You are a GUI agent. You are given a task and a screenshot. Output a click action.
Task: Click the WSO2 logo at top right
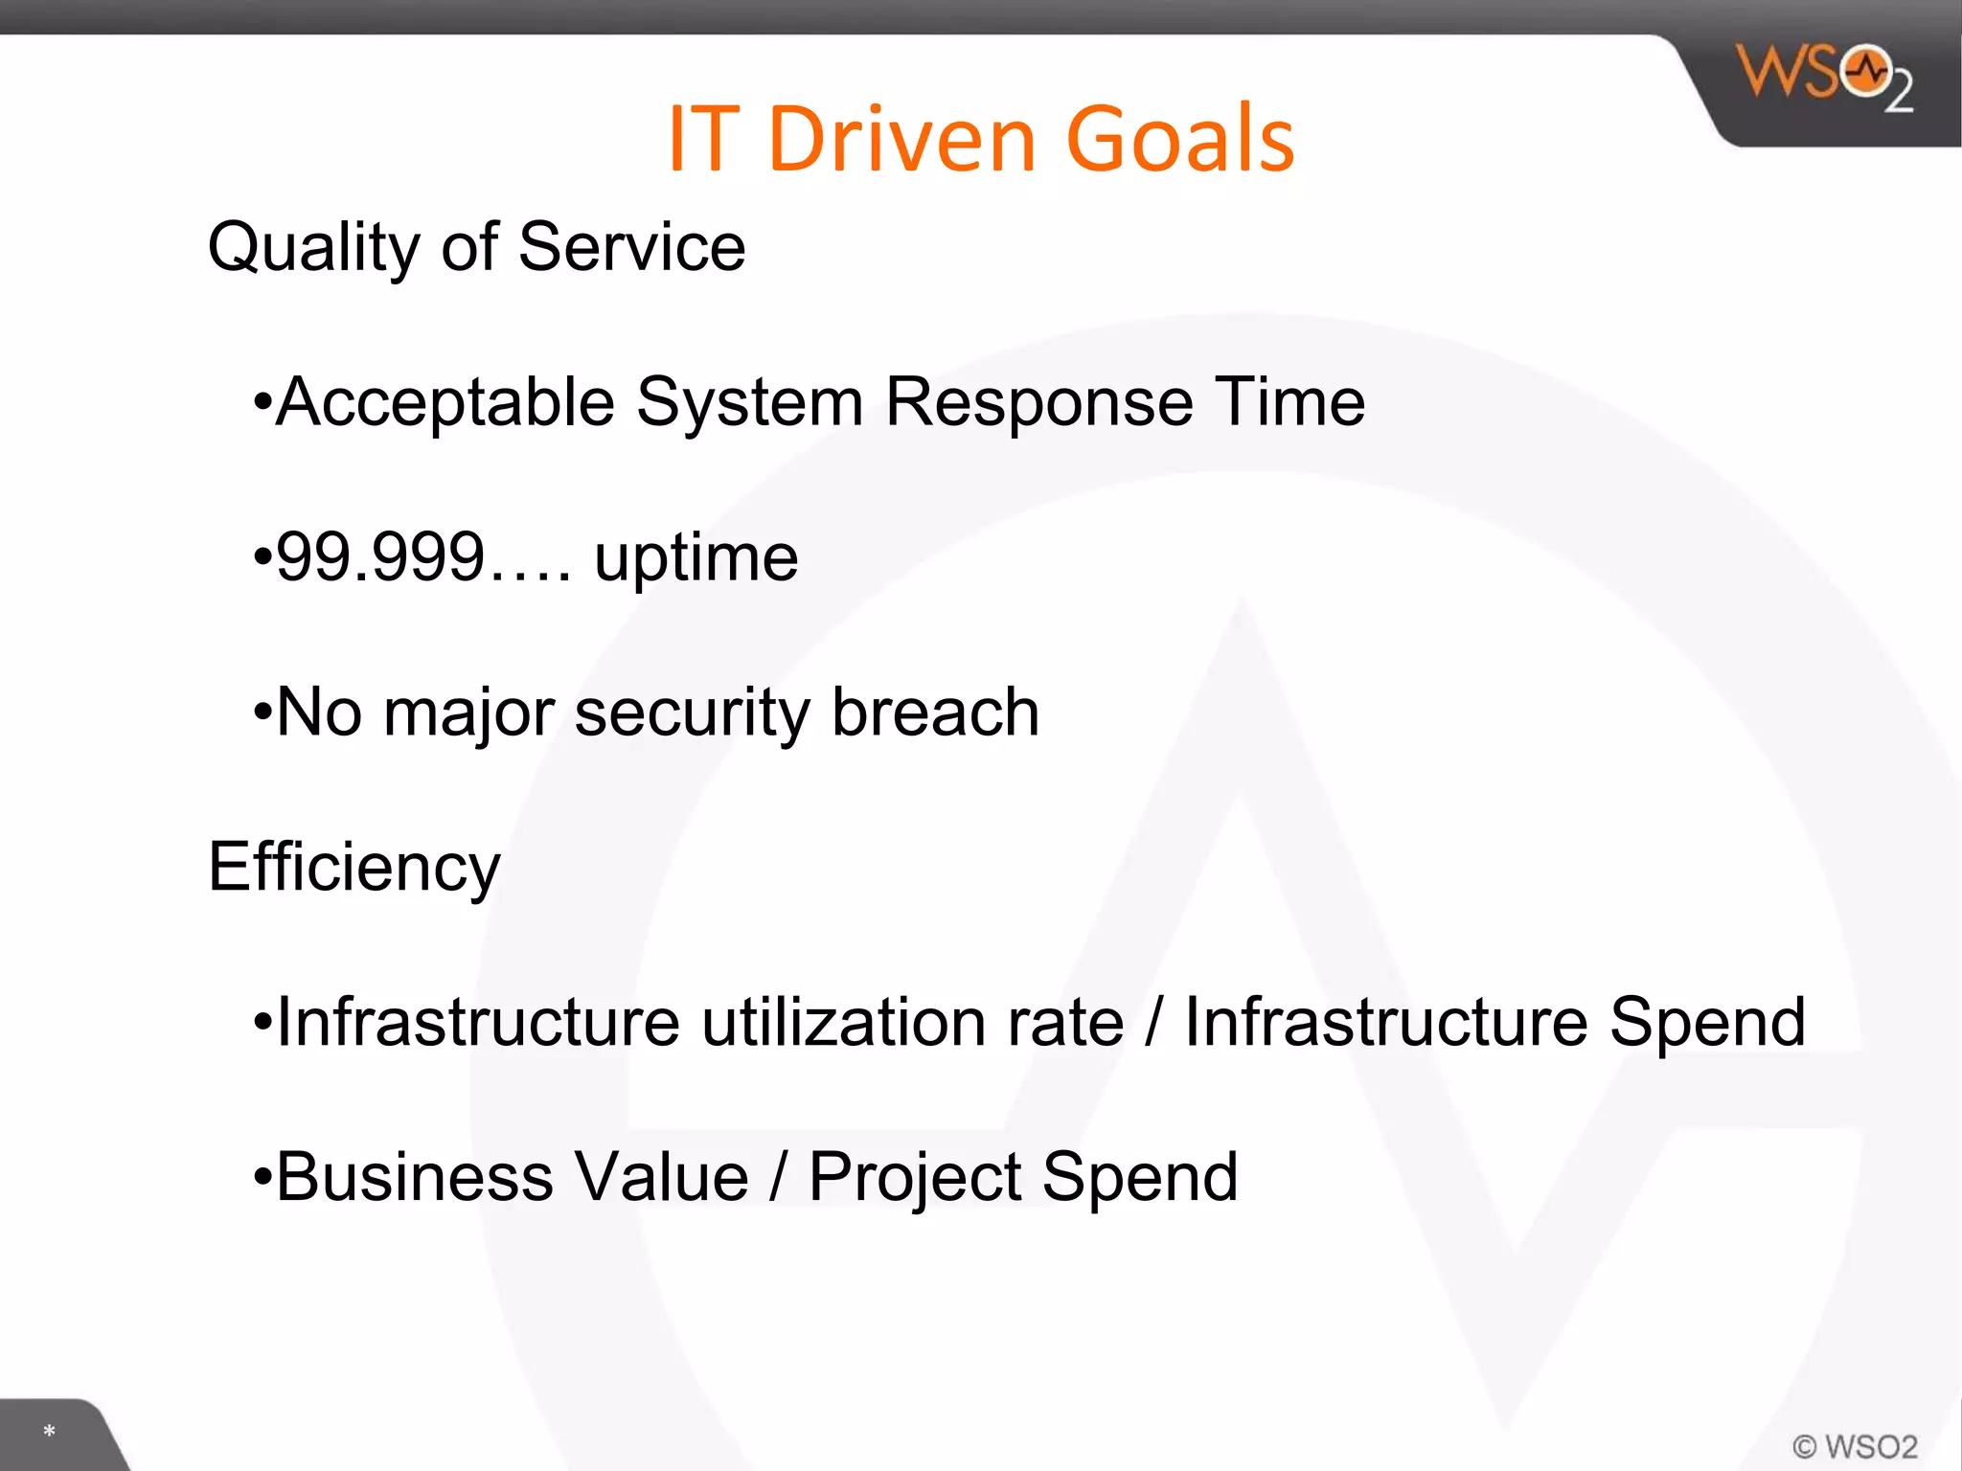[1823, 77]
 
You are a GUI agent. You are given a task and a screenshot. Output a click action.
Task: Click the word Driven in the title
[901, 140]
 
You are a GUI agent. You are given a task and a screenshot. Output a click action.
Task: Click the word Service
[631, 247]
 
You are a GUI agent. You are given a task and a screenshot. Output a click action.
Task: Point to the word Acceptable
[445, 402]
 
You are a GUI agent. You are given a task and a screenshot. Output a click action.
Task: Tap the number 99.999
[380, 557]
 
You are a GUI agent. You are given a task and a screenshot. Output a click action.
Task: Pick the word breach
[935, 713]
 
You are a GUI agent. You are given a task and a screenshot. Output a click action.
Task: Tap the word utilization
[912, 1023]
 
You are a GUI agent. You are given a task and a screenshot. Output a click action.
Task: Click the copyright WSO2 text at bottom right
[1855, 1446]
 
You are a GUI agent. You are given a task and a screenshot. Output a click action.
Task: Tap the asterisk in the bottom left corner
[49, 1432]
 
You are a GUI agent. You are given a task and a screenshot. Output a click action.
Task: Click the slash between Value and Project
[779, 1178]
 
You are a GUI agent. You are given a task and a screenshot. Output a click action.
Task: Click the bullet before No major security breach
[262, 713]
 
